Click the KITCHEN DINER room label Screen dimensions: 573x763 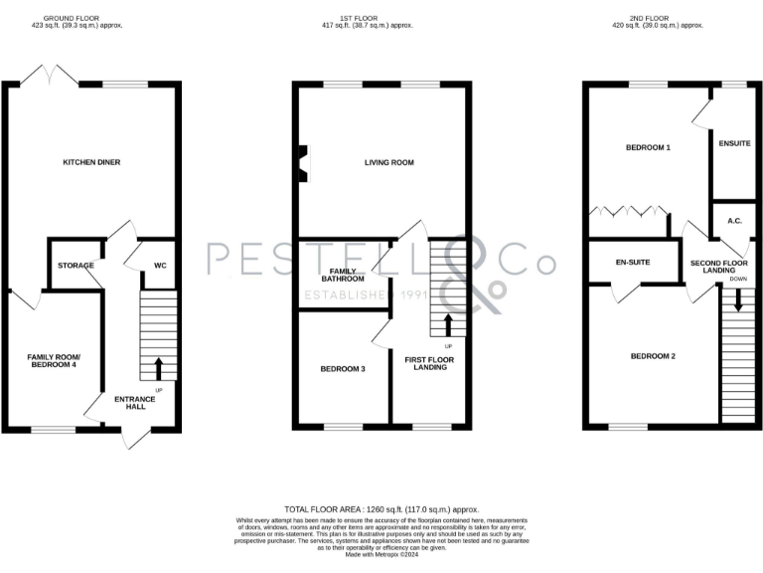click(91, 162)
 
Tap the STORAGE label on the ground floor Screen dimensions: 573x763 click(76, 266)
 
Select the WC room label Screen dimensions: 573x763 click(159, 266)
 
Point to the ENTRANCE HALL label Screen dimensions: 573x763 click(134, 403)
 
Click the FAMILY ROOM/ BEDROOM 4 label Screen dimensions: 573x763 click(53, 361)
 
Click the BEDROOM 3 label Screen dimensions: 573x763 click(343, 369)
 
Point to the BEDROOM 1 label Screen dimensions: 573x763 click(648, 147)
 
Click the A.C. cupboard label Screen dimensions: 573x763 click(735, 221)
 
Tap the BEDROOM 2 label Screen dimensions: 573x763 click(653, 356)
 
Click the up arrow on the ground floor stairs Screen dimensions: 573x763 click(158, 368)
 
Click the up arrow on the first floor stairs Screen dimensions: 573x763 click(447, 324)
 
